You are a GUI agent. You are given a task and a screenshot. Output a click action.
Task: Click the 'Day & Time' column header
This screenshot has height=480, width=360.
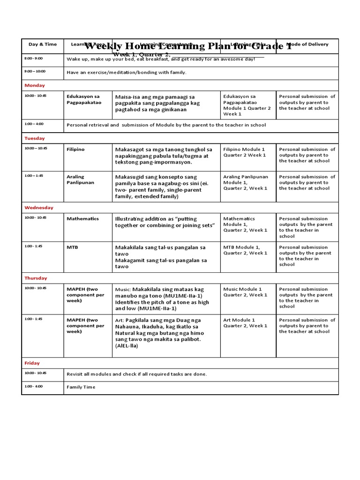[43, 45]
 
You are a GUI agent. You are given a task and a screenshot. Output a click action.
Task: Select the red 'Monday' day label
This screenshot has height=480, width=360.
[35, 86]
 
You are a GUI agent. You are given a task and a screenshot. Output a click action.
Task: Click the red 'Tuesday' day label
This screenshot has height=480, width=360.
[35, 139]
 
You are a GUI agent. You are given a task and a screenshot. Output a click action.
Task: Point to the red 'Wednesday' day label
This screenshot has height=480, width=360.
[39, 208]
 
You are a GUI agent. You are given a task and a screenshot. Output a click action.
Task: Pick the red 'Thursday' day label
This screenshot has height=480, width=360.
[36, 278]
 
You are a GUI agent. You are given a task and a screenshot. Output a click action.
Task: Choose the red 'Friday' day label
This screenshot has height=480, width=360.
[32, 363]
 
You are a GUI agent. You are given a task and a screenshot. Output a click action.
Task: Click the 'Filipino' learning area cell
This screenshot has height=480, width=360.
[76, 150]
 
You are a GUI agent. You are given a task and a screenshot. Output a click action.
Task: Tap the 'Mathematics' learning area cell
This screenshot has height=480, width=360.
[82, 219]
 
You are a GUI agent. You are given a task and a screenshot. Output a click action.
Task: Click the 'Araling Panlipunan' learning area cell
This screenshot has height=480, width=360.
[80, 180]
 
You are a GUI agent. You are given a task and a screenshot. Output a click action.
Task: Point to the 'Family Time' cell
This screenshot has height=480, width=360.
[81, 387]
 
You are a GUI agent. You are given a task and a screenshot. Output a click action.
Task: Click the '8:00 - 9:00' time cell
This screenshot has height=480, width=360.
[33, 59]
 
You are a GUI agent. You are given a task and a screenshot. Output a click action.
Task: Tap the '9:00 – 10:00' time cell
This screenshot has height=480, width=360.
[35, 72]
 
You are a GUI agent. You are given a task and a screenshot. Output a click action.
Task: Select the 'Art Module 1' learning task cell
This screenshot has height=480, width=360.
[245, 323]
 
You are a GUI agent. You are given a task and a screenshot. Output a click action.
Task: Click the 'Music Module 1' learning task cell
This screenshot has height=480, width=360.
[245, 292]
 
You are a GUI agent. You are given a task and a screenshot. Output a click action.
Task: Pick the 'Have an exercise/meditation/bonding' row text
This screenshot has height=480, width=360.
[127, 73]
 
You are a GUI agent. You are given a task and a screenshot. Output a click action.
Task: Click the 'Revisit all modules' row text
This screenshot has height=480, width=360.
[136, 374]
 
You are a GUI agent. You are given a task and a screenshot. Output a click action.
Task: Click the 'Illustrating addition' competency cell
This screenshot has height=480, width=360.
[165, 222]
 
